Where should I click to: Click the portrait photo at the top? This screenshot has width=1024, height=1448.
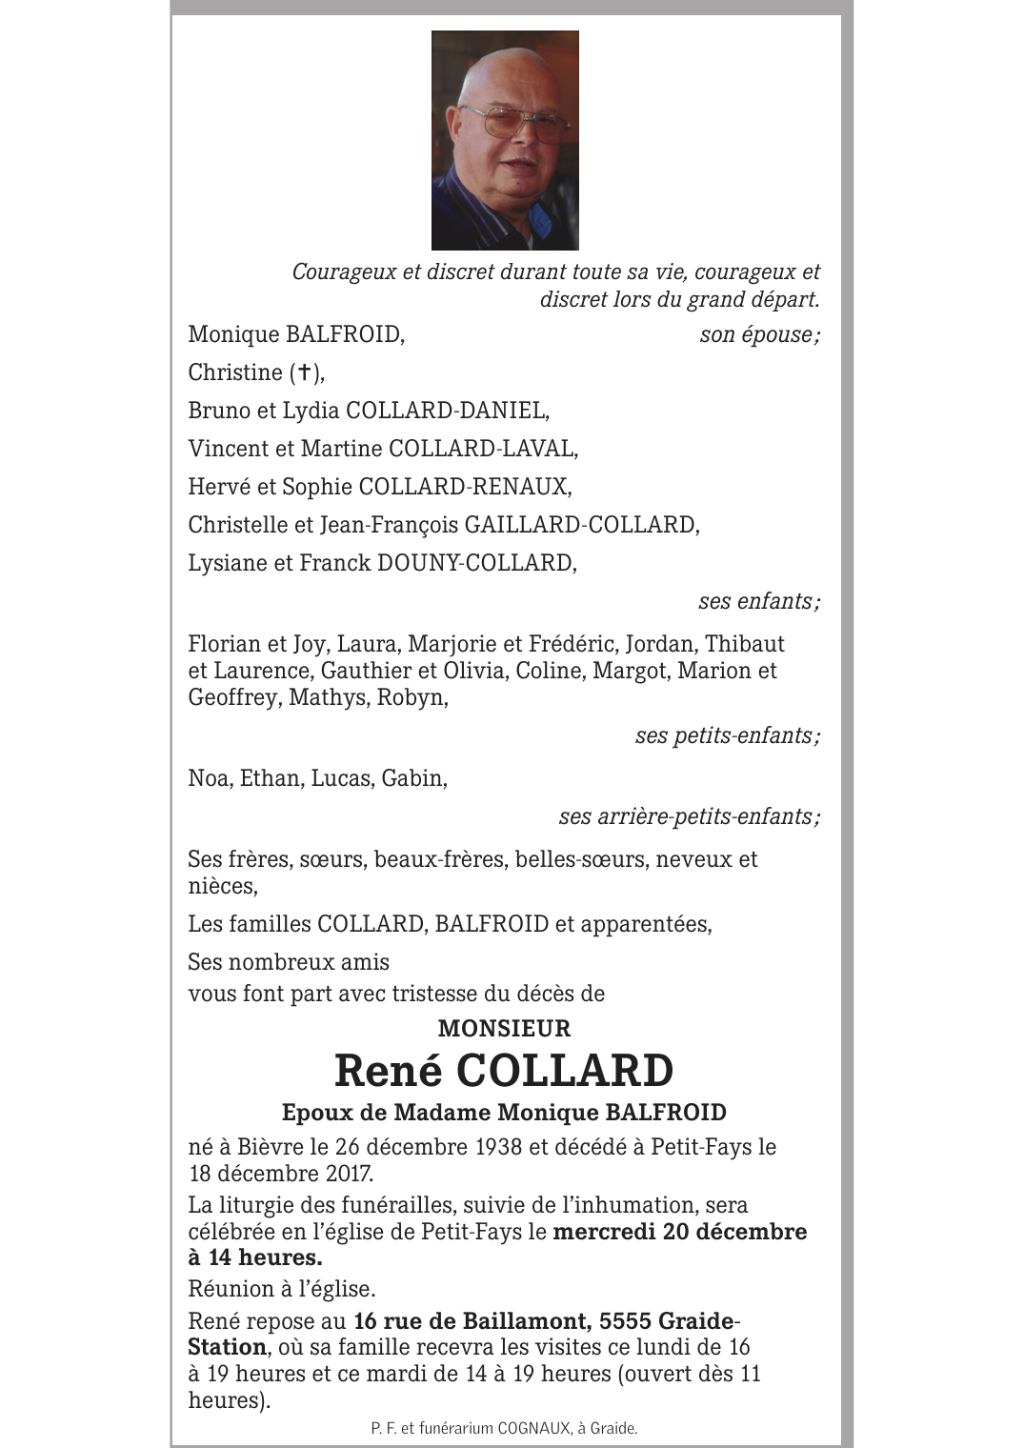505,140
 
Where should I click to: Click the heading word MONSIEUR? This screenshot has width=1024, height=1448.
504,1029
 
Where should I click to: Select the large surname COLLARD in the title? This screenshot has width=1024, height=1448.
564,1071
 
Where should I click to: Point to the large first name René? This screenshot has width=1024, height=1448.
389,1071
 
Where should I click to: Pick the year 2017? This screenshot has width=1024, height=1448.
343,1174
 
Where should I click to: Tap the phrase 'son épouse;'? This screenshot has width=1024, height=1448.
759,334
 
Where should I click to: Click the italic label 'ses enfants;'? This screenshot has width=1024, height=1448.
758,601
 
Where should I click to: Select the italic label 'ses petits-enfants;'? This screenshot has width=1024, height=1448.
727,735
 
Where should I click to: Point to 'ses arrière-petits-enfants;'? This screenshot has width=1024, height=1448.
689,816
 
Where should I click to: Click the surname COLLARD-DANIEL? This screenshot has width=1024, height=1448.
447,411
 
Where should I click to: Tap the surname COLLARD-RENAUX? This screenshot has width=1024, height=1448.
464,487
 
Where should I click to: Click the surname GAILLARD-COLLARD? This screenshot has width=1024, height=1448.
581,525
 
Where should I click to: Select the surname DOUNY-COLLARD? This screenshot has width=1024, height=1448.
476,563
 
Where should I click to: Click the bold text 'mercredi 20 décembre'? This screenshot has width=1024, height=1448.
679,1232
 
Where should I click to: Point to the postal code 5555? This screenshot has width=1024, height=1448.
625,1321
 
